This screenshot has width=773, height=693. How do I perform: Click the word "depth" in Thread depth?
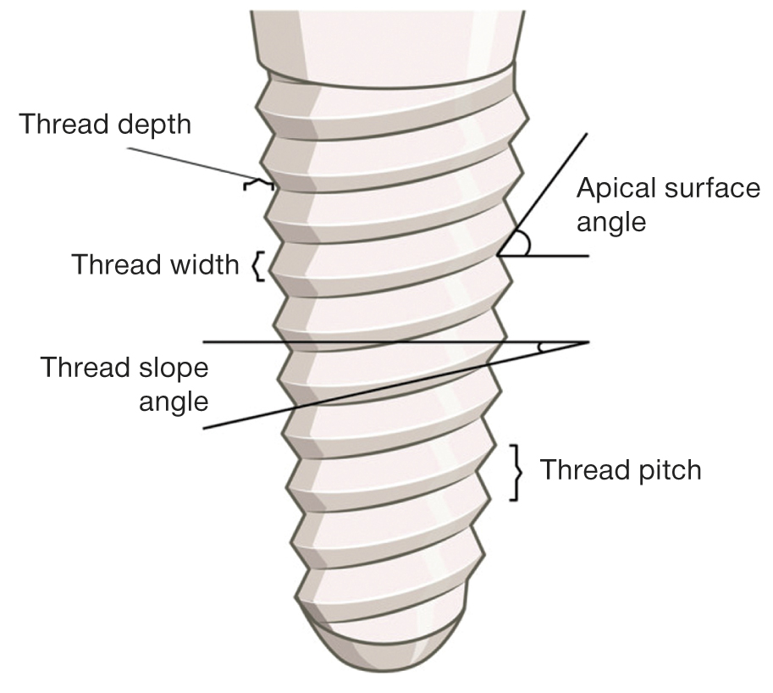pos(150,125)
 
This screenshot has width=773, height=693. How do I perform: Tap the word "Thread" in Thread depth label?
pos(61,124)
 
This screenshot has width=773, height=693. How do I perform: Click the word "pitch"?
pos(664,469)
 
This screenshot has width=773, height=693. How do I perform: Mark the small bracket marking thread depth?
pos(250,183)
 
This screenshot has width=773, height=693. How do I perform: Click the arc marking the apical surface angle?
pos(526,244)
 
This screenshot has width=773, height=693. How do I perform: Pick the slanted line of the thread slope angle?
pos(339,399)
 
